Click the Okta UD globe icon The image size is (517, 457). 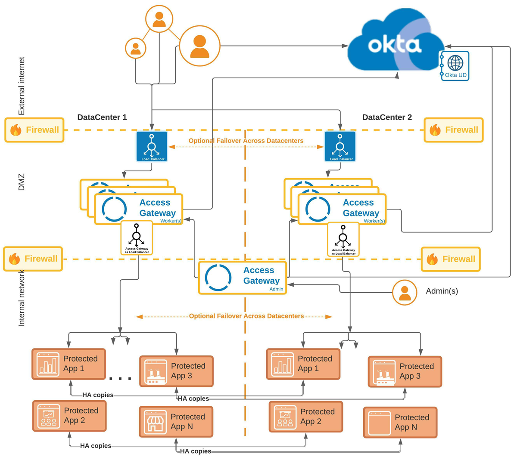(x=455, y=63)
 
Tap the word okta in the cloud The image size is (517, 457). (x=394, y=45)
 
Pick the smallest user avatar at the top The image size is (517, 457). (x=136, y=48)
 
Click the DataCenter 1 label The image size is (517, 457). (x=102, y=117)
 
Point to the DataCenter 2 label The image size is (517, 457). (x=387, y=117)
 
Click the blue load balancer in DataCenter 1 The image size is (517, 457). (x=152, y=147)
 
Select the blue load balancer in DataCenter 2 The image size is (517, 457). (x=340, y=147)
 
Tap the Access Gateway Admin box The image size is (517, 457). (x=243, y=278)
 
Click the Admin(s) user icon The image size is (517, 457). (x=405, y=293)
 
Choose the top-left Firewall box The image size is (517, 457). (x=34, y=130)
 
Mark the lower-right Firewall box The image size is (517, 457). (x=451, y=259)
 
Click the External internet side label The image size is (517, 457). (x=22, y=86)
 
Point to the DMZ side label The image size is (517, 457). (x=22, y=182)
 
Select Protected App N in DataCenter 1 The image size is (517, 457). (x=176, y=422)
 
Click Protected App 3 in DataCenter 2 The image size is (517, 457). (x=405, y=371)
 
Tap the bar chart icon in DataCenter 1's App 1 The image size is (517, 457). (x=47, y=364)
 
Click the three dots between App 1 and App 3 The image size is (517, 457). (x=120, y=379)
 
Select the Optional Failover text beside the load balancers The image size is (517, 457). (x=246, y=141)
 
